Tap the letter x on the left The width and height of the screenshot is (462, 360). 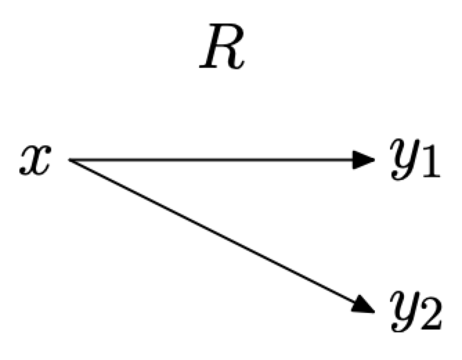coord(35,161)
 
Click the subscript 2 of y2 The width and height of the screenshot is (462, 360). coord(429,315)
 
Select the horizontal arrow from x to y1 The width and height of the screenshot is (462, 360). coord(207,160)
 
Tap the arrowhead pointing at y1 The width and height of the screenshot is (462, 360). coord(362,160)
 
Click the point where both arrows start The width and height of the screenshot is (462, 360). coord(69,160)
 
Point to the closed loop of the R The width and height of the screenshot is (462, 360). coord(228,43)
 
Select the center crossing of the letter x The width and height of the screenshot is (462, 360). coord(35,161)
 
